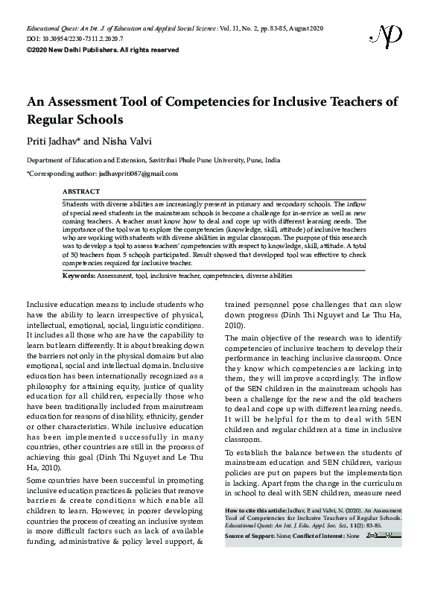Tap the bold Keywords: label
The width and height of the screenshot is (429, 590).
(x=78, y=276)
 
